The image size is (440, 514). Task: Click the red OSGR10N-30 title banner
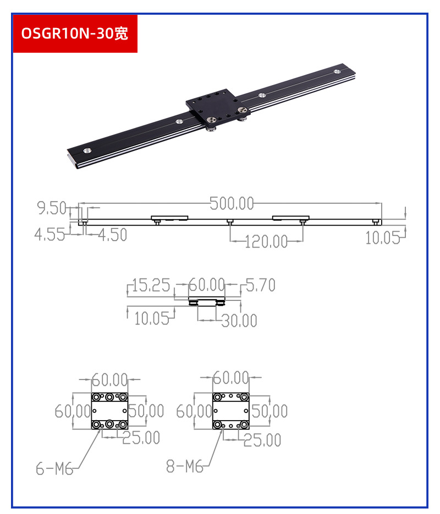[75, 33]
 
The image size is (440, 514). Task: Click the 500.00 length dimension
[232, 203]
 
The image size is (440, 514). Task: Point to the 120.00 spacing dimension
[266, 242]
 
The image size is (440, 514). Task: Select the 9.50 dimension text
[52, 208]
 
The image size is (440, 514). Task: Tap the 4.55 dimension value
[50, 234]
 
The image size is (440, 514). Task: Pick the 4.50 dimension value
[113, 234]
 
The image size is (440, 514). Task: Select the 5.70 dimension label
[260, 285]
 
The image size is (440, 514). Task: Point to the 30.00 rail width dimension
[239, 320]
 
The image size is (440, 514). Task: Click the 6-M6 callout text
[54, 468]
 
